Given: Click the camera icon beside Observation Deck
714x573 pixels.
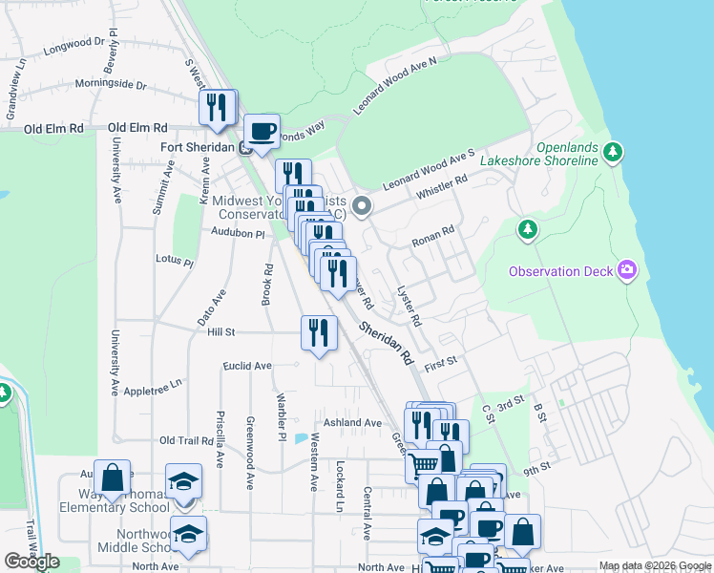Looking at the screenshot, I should (x=627, y=271).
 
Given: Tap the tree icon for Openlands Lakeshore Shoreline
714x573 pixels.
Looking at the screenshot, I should (x=615, y=151).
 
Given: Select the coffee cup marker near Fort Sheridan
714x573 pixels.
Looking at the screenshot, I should (x=262, y=131).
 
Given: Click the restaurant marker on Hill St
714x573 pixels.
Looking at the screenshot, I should (x=319, y=332).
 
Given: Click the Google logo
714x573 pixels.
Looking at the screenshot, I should (x=31, y=562).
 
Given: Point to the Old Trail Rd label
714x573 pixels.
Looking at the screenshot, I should (x=186, y=440).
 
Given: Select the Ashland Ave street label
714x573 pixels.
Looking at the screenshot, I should (x=352, y=422).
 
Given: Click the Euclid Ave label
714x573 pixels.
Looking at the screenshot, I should (x=247, y=366).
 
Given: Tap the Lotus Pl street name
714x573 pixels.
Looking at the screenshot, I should (x=175, y=260).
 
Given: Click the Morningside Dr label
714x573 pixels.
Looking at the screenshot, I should (x=111, y=84).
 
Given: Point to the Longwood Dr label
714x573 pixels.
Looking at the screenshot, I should (x=73, y=43).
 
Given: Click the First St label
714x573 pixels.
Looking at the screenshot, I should (x=442, y=363).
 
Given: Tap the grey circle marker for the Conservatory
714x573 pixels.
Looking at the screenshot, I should (x=361, y=205).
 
